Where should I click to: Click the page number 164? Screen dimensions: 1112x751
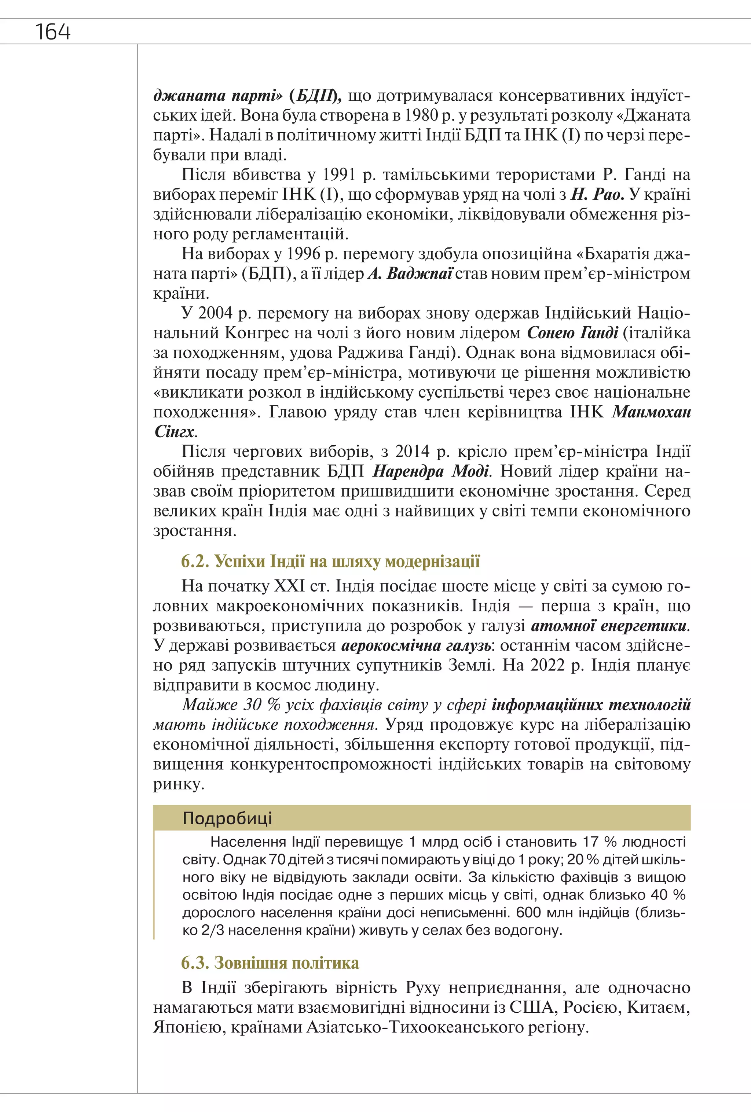(x=53, y=32)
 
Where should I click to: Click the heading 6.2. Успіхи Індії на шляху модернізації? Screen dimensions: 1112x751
(x=330, y=561)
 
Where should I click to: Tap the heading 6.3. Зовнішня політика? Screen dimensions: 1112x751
(x=270, y=963)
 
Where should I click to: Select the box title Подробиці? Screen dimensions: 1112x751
(x=227, y=818)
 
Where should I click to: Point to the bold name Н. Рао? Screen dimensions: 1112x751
(x=597, y=194)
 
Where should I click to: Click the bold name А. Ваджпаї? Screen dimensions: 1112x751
(x=410, y=274)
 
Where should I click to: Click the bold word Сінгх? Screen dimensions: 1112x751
(x=174, y=432)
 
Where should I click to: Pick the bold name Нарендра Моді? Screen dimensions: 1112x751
(x=430, y=471)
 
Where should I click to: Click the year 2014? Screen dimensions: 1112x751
(x=414, y=451)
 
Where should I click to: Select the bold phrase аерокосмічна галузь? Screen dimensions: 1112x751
(x=416, y=645)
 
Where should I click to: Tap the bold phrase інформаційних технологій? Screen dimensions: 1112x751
(x=591, y=705)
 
